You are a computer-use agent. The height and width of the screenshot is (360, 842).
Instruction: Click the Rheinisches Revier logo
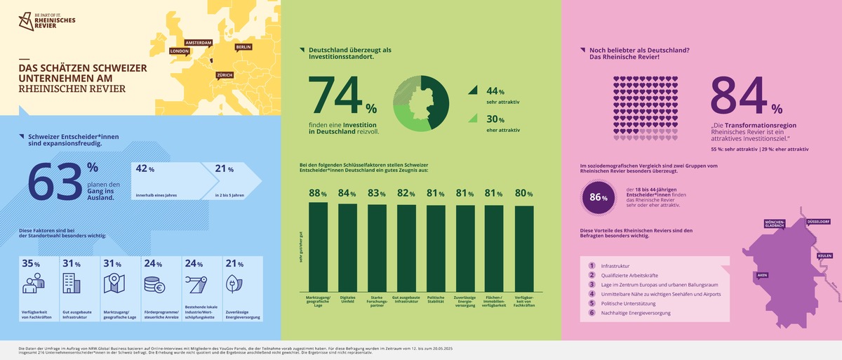pos(41,22)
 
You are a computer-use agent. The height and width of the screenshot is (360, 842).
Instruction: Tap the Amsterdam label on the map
pos(198,42)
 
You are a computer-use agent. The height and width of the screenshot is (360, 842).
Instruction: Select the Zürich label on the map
pos(225,74)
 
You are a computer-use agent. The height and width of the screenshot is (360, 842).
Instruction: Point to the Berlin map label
pos(243,47)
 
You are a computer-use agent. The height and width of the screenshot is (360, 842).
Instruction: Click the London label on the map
pos(180,51)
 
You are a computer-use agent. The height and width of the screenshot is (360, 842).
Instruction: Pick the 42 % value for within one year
pos(145,169)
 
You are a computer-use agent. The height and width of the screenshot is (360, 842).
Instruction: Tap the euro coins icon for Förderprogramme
pos(154,284)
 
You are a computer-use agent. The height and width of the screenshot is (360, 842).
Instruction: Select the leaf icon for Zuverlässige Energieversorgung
pos(232,284)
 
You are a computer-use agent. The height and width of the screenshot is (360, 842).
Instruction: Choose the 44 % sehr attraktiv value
pos(491,91)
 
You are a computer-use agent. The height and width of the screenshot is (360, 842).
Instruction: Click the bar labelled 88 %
pos(318,246)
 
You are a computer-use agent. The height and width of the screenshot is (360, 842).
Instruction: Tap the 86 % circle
pos(598,197)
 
